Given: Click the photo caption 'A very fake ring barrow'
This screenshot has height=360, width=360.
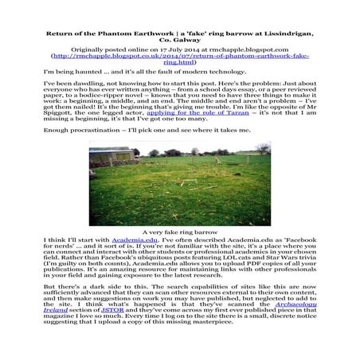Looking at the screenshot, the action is [x=179, y=230].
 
